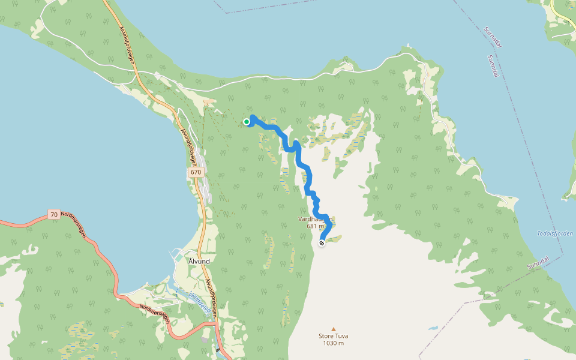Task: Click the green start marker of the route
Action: [247, 122]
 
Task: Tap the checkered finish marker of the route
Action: [322, 243]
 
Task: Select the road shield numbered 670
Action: [196, 172]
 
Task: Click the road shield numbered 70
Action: [54, 214]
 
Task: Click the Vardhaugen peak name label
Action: [315, 219]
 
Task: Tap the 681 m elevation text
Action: [315, 226]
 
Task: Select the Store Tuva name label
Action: [333, 336]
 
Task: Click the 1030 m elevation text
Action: [333, 343]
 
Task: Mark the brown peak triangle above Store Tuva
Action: [334, 328]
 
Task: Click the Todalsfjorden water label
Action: [556, 233]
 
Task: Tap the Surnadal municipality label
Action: [495, 38]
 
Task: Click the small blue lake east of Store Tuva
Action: [433, 329]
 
